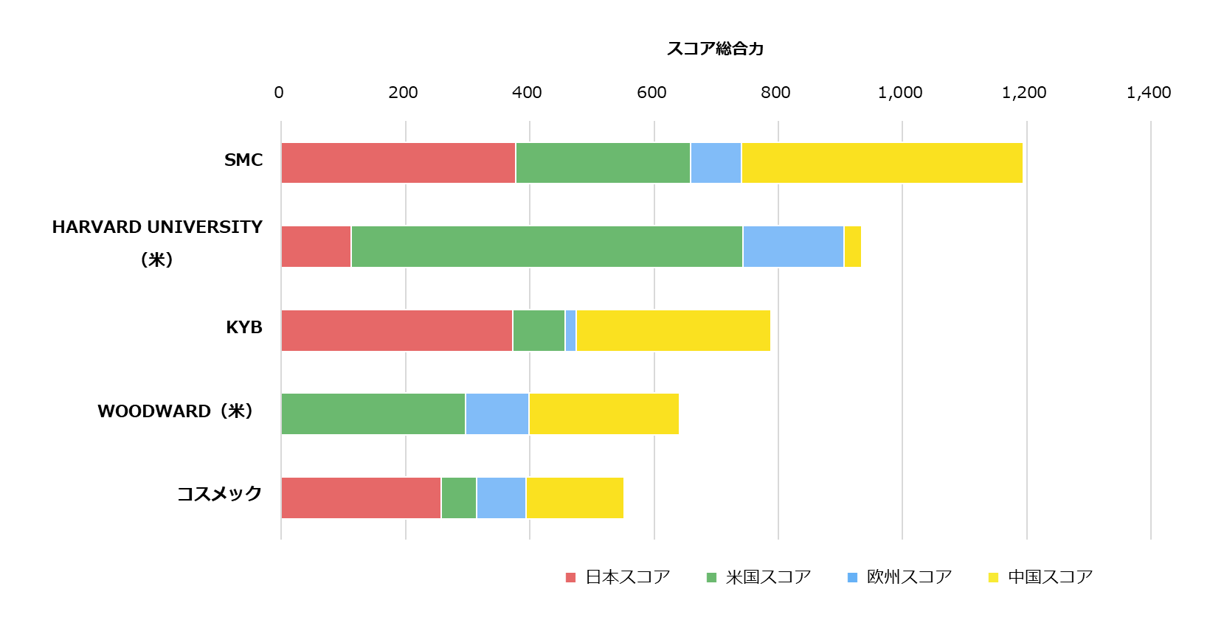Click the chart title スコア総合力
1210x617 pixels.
click(715, 49)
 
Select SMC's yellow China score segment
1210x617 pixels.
click(882, 163)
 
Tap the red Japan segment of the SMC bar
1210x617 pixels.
click(398, 163)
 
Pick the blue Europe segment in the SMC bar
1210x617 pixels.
click(716, 163)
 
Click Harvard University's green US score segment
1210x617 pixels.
click(547, 246)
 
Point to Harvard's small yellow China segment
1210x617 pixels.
click(852, 246)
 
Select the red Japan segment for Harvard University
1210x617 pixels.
click(317, 246)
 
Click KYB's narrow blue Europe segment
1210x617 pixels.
click(570, 330)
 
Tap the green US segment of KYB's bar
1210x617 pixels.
click(539, 330)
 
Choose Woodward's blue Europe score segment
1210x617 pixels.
click(497, 414)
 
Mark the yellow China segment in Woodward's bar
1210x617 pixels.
click(604, 414)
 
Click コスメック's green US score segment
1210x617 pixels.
click(459, 498)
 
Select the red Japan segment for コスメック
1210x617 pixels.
click(362, 498)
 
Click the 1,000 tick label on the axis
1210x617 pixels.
click(900, 93)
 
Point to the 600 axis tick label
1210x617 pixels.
click(651, 93)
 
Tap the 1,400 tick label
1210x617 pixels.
click(1149, 93)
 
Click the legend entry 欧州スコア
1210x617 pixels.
click(909, 577)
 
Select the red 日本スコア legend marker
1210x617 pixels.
click(570, 577)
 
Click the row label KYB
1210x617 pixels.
click(244, 327)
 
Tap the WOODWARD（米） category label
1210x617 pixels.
click(176, 411)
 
